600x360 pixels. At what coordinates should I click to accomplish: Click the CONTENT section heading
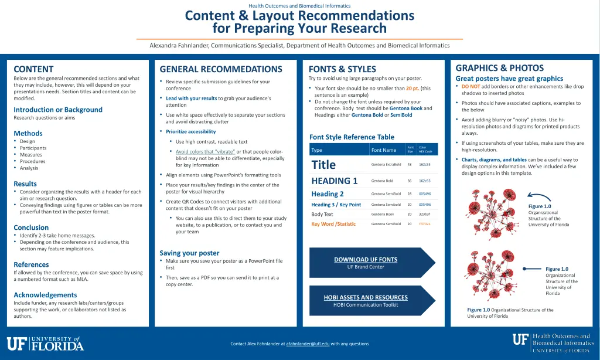[x=33, y=69]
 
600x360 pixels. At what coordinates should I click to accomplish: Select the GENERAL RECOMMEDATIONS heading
[x=220, y=69]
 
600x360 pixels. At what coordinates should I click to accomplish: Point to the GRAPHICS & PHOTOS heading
[x=499, y=68]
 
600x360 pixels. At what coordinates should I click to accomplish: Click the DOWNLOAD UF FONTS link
[x=365, y=259]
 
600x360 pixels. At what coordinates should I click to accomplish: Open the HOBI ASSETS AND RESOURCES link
[x=365, y=297]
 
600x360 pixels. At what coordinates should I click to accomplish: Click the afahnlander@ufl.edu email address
[x=308, y=344]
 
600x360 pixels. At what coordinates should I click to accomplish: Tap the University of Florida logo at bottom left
[x=45, y=344]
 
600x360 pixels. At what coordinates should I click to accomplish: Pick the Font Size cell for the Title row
[x=410, y=165]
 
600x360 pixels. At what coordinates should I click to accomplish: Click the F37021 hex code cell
[x=424, y=223]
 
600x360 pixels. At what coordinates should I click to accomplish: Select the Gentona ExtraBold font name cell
[x=386, y=165]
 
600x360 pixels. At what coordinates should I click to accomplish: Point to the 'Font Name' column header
[x=384, y=150]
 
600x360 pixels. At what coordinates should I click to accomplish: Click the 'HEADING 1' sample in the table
[x=335, y=181]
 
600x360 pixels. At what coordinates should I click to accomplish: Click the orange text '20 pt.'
[x=412, y=89]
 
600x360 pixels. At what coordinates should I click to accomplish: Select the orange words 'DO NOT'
[x=471, y=87]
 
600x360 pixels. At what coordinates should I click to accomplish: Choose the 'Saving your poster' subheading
[x=189, y=253]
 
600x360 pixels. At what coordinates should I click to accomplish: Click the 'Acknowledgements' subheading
[x=45, y=295]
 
